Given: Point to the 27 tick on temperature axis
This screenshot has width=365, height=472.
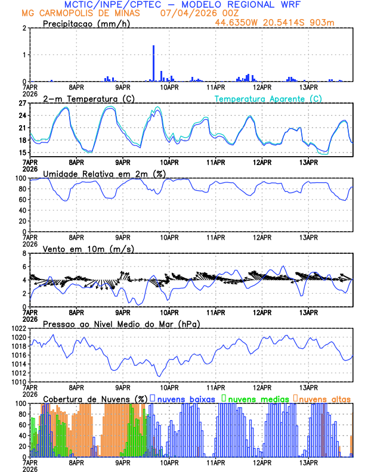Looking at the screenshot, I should pyautogui.click(x=22, y=103).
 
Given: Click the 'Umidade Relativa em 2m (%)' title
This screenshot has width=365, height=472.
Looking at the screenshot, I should pyautogui.click(x=104, y=173).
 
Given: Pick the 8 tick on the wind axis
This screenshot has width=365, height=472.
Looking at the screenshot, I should pyautogui.click(x=24, y=253).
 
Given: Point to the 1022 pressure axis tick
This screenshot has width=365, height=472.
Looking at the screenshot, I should pyautogui.click(x=17, y=328).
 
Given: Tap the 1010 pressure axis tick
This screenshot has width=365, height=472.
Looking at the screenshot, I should pyautogui.click(x=17, y=381).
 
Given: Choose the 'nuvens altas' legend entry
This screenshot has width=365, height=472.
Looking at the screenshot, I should pyautogui.click(x=322, y=399).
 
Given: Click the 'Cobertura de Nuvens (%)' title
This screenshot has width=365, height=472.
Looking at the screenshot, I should pyautogui.click(x=95, y=399).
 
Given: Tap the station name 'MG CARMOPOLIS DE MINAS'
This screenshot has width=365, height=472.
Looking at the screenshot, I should pyautogui.click(x=82, y=13).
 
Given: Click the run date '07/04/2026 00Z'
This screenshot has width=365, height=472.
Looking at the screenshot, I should pyautogui.click(x=197, y=13).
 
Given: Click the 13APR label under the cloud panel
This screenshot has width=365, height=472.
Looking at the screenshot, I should pyautogui.click(x=308, y=462).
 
